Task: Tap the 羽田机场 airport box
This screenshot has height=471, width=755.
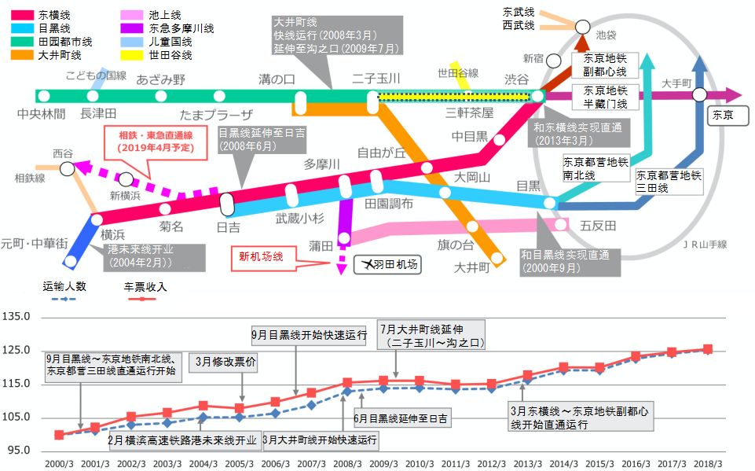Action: [x=387, y=265]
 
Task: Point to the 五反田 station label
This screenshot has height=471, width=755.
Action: [x=598, y=225]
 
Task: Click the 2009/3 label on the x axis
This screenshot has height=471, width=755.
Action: [x=383, y=464]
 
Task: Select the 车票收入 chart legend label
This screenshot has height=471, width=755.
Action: [x=145, y=286]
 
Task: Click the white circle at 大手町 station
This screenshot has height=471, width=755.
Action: [x=700, y=95]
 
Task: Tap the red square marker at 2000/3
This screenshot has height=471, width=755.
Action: [x=59, y=435]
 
